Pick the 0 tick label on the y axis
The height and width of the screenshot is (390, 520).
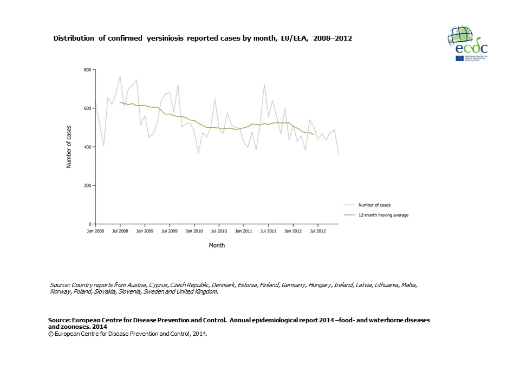(90, 224)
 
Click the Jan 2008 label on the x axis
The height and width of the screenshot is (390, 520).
(95, 231)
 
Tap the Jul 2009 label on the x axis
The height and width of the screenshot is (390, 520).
(170, 231)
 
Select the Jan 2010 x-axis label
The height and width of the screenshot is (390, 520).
(194, 231)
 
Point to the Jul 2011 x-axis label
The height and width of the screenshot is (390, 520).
(268, 231)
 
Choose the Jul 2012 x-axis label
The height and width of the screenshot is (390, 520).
(317, 231)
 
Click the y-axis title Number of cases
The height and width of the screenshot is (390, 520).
(69, 147)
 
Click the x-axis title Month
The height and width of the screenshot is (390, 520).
(217, 245)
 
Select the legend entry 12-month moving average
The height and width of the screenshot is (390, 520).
(383, 215)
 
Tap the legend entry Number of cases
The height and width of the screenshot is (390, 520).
(374, 205)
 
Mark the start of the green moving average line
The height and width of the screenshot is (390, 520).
(120, 102)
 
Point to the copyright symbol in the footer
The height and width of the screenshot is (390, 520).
(50, 334)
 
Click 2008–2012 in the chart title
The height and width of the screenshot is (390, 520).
(333, 39)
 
